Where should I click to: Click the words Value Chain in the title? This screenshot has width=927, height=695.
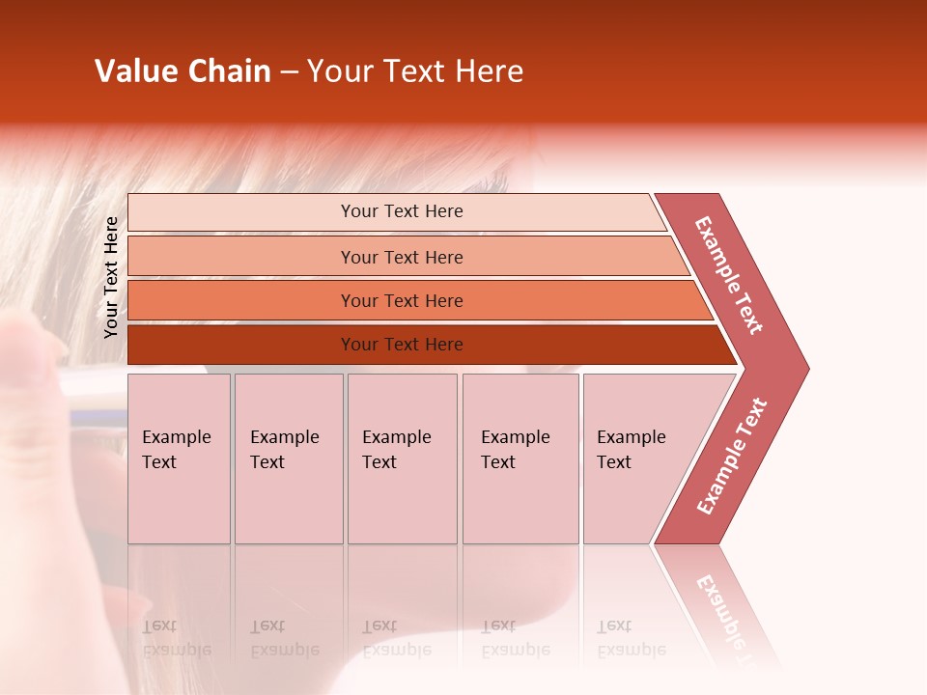(x=183, y=71)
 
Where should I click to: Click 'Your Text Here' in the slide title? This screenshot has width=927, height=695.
(x=415, y=71)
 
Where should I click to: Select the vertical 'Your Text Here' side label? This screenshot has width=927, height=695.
(x=111, y=277)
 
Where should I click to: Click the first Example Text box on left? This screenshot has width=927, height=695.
(x=179, y=459)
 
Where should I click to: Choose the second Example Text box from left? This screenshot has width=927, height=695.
(x=289, y=459)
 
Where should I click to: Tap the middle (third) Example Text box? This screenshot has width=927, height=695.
(x=402, y=459)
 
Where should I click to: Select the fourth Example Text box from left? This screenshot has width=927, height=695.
(x=520, y=459)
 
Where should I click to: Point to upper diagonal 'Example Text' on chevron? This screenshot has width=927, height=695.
(x=729, y=275)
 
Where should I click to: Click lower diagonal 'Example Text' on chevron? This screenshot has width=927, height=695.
(x=732, y=456)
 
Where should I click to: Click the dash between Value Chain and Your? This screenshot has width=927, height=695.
(x=289, y=72)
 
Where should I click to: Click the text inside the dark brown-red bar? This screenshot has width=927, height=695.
(x=402, y=345)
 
